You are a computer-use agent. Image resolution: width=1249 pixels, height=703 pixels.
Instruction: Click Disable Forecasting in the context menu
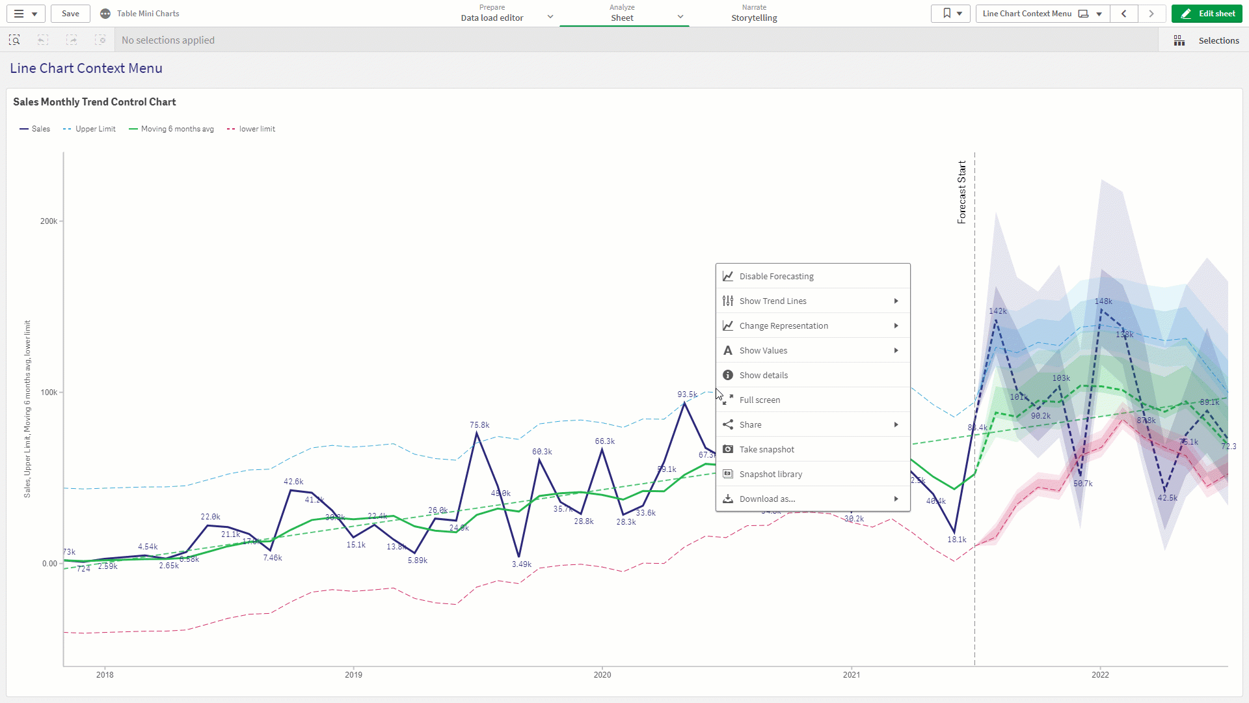[x=776, y=276]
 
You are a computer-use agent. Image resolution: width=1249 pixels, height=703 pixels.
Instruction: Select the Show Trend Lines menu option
[x=773, y=301]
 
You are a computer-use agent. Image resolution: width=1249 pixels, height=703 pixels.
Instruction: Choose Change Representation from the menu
[x=783, y=325]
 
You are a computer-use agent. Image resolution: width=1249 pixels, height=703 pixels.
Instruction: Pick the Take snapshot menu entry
[x=766, y=449]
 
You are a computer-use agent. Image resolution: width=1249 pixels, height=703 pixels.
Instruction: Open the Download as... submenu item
[x=767, y=499]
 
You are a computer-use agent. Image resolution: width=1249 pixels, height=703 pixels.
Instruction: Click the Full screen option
[x=759, y=400]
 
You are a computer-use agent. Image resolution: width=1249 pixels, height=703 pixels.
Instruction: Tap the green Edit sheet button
[x=1207, y=13]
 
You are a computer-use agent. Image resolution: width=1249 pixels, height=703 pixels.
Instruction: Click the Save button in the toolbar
[x=70, y=13]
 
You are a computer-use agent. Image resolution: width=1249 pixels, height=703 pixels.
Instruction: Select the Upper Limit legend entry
[x=95, y=129]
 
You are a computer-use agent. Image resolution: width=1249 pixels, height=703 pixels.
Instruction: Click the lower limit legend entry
[x=256, y=129]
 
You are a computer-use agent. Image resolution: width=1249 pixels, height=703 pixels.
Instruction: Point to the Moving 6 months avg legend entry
[x=177, y=129]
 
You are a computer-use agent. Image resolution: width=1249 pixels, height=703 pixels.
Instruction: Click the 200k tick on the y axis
[x=49, y=221]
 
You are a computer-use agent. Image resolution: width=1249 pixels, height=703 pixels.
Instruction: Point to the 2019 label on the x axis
[x=353, y=674]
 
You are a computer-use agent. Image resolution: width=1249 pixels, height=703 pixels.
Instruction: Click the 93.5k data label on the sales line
[x=687, y=394]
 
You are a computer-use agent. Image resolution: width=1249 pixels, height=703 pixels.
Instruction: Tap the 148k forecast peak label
[x=1103, y=301]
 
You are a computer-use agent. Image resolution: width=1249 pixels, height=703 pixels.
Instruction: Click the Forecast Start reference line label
[x=961, y=192]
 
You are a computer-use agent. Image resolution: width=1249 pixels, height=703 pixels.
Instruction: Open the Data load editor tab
[x=492, y=18]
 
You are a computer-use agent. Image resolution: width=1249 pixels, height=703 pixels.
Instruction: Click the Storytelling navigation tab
[x=754, y=18]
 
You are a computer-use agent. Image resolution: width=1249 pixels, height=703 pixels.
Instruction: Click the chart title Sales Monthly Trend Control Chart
[x=94, y=102]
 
